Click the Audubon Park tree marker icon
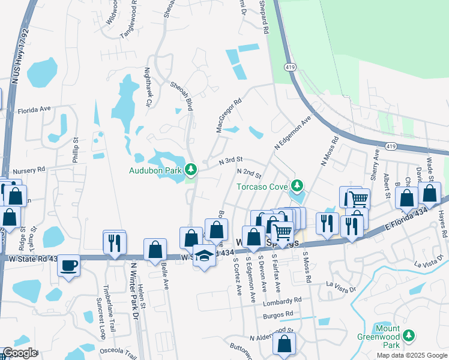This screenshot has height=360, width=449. coord(191,170)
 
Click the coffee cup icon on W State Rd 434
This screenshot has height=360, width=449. coord(68,265)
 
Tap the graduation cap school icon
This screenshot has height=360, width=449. coord(204,256)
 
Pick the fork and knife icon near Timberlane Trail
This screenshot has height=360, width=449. coord(114,243)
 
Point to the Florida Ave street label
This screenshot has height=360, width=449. coord(34,110)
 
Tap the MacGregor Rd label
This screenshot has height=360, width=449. coord(229,115)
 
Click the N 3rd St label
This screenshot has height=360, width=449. coord(231,160)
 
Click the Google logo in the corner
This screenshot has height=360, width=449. coord(19,353)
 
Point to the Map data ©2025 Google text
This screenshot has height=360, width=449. coord(411,355)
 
